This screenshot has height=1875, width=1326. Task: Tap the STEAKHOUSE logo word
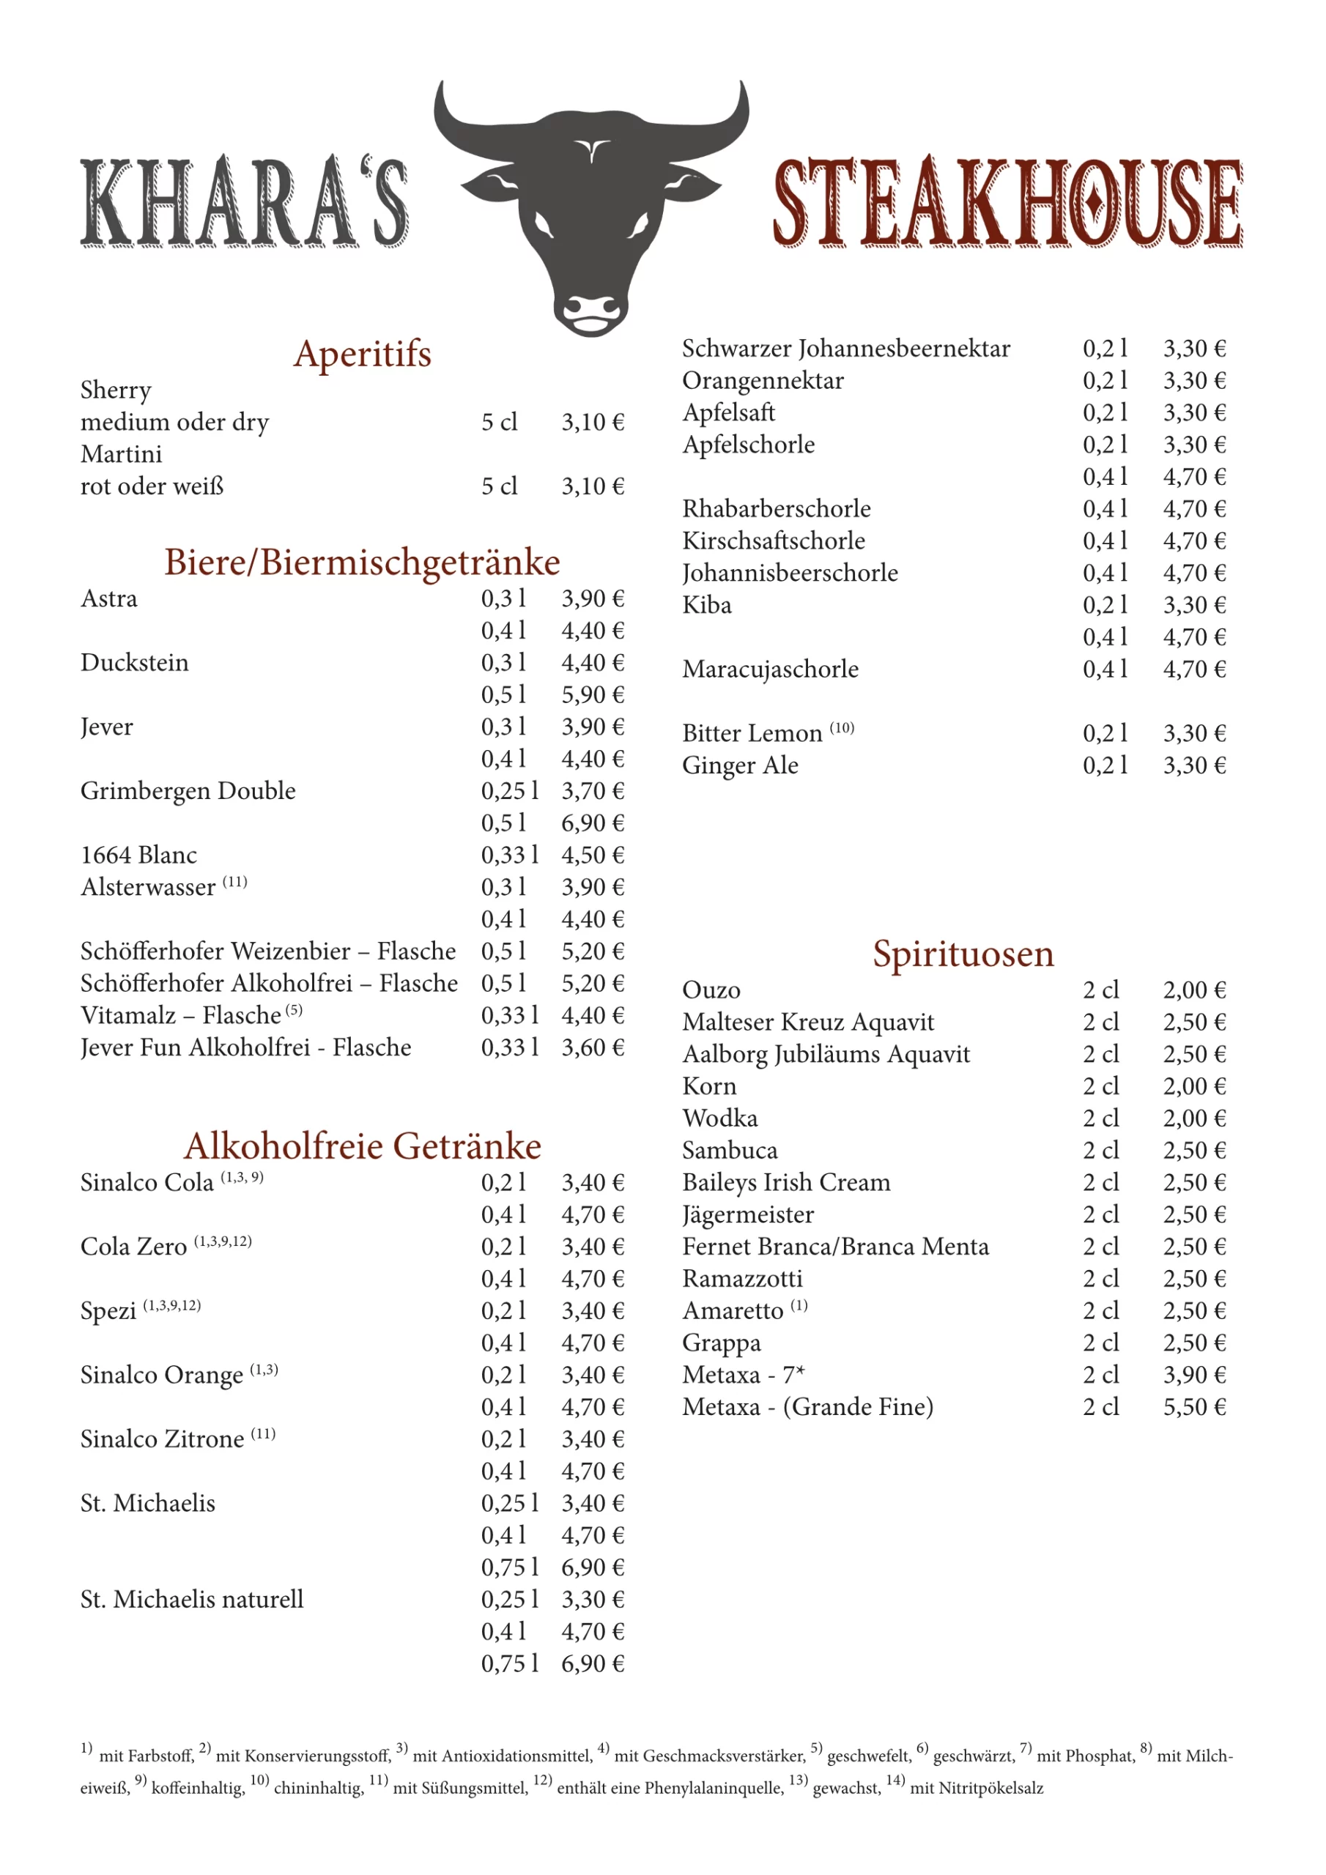[1007, 203]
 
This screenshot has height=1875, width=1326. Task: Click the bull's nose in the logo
[591, 311]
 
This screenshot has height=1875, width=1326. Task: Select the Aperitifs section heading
[362, 354]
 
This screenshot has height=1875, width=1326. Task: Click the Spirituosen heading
[963, 954]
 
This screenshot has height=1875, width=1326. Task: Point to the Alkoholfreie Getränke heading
[362, 1146]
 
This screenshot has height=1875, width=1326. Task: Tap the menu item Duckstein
[134, 662]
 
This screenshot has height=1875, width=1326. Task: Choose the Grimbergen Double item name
[188, 790]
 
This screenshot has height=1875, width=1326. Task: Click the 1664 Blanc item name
[139, 855]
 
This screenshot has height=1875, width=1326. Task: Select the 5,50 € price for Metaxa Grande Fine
[1193, 1407]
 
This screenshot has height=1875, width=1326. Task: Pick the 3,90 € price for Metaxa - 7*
[1193, 1375]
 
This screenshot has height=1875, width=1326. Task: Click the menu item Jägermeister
[747, 1215]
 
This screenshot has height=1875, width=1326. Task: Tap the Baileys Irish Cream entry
[786, 1182]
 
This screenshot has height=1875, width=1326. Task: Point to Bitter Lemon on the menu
[752, 733]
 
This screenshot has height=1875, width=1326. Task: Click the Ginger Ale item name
[740, 765]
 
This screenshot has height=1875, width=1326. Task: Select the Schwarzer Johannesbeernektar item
[845, 349]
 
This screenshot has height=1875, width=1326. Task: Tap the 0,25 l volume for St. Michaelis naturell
[509, 1599]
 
